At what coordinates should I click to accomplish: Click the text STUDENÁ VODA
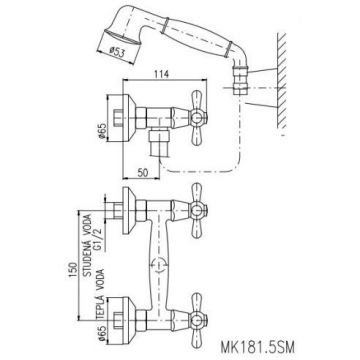88,241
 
